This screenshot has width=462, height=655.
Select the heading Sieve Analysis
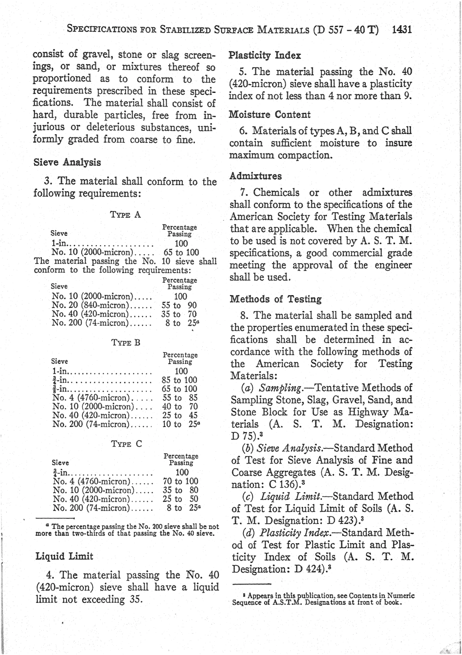[67, 162]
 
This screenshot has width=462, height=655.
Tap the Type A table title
[125, 214]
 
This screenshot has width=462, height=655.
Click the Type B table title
[125, 342]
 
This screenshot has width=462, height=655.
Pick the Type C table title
[126, 444]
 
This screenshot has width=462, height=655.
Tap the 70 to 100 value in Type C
[180, 481]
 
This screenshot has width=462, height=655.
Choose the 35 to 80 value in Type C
[180, 490]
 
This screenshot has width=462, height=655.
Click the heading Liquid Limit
[65, 556]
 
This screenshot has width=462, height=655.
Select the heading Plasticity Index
[265, 55]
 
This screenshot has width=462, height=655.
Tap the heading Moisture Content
[269, 115]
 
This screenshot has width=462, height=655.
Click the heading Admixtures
[255, 176]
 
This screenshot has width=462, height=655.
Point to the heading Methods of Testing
[275, 299]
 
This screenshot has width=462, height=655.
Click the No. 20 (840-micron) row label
[89, 305]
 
